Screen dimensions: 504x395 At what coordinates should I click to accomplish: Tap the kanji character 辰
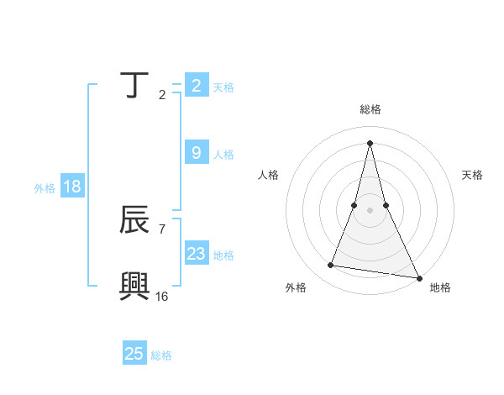click(135, 221)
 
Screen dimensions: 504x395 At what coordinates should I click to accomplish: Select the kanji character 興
click(135, 286)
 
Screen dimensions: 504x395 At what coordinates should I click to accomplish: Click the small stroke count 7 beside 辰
click(161, 229)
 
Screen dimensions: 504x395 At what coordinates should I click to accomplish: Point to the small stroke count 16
click(161, 296)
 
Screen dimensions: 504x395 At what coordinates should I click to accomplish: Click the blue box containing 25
click(134, 354)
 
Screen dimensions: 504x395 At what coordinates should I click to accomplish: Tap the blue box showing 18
click(72, 187)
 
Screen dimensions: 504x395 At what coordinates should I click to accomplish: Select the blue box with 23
click(196, 254)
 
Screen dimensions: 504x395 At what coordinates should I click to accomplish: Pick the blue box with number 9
click(196, 153)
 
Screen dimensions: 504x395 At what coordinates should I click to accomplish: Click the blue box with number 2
click(196, 86)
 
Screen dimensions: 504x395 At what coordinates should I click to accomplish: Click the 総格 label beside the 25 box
click(161, 355)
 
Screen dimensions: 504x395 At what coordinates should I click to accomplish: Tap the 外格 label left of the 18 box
click(45, 188)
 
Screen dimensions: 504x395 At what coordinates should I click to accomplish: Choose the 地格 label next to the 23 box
click(223, 255)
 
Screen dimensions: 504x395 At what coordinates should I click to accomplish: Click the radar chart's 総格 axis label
click(370, 109)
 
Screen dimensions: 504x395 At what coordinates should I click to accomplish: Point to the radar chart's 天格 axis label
click(473, 175)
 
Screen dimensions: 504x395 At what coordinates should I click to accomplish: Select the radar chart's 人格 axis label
click(268, 175)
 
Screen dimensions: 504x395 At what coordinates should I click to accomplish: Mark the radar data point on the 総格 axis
click(370, 141)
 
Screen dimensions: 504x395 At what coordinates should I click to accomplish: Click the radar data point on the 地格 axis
click(419, 278)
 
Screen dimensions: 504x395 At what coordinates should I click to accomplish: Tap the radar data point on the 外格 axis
click(331, 266)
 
